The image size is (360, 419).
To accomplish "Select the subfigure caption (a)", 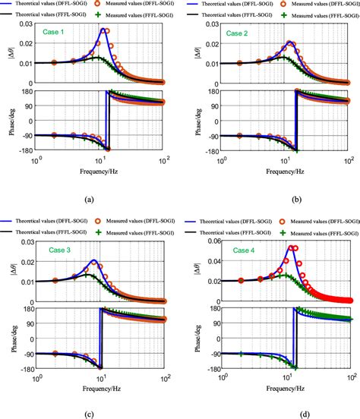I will pyautogui.click(x=89, y=199).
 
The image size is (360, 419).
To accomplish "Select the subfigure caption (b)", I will pyautogui.click(x=273, y=199).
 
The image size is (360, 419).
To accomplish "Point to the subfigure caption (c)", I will pyautogui.click(x=89, y=414).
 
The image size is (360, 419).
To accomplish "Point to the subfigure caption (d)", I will pyautogui.click(x=273, y=414).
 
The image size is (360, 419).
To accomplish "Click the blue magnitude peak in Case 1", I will pyautogui.click(x=104, y=30).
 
